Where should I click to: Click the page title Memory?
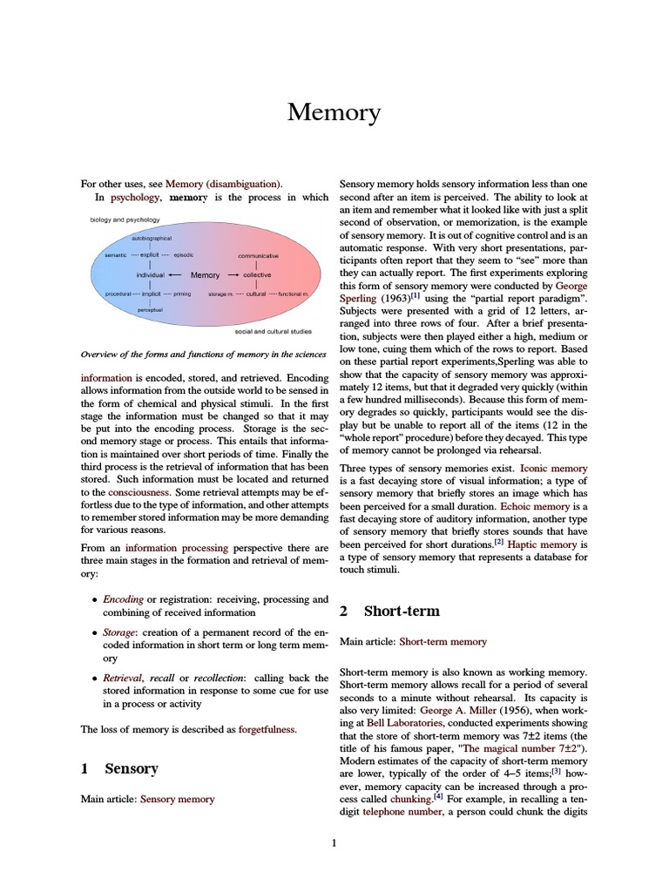point(334,113)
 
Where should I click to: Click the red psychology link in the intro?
point(128,198)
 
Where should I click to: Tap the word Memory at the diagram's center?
point(206,275)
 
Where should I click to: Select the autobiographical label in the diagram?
point(152,238)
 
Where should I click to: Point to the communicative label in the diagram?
point(259,256)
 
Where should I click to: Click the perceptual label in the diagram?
point(150,309)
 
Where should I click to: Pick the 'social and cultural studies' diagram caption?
point(274,332)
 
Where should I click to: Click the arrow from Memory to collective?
point(233,275)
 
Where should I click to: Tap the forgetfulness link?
point(267,729)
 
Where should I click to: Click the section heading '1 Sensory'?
point(119,768)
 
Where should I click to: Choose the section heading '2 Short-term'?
point(389,611)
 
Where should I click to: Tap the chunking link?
point(410,799)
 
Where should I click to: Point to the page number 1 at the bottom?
point(334,842)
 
